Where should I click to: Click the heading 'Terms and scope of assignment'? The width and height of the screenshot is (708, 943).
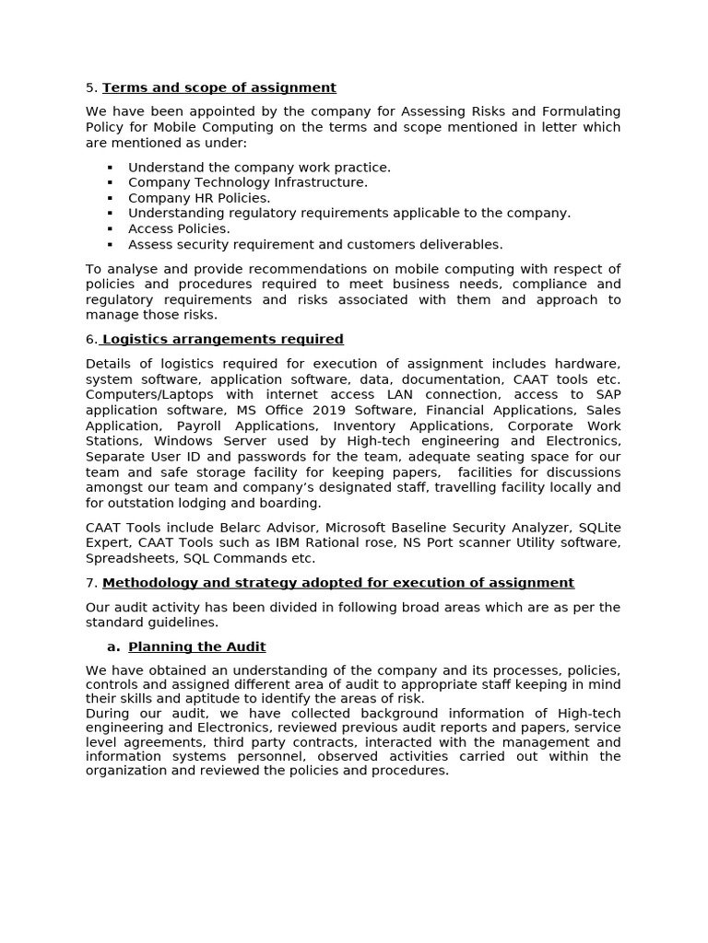(x=219, y=87)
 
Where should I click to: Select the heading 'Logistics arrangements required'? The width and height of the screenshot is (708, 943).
(x=222, y=339)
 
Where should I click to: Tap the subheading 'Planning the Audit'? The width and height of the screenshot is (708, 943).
(x=197, y=646)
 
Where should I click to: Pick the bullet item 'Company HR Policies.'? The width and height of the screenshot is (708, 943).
(x=199, y=198)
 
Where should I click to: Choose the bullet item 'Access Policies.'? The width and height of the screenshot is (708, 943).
(x=179, y=228)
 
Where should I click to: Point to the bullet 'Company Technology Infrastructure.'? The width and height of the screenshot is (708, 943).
(x=247, y=182)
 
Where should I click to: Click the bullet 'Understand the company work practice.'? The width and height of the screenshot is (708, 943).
(x=259, y=167)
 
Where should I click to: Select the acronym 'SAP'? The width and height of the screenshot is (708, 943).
(x=603, y=394)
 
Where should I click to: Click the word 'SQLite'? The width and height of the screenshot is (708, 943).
(x=598, y=527)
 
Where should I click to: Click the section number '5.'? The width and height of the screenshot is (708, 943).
(x=91, y=87)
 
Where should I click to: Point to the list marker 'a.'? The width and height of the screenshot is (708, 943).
(x=113, y=646)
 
